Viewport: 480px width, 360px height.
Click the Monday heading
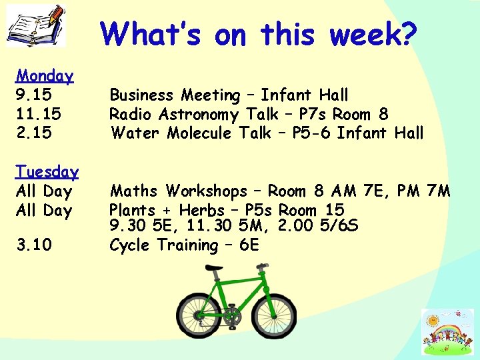[45, 76]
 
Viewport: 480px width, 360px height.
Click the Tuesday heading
[47, 172]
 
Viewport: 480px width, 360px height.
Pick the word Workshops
[206, 192]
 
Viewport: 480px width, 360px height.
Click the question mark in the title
[406, 33]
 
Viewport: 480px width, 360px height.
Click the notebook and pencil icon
[37, 25]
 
